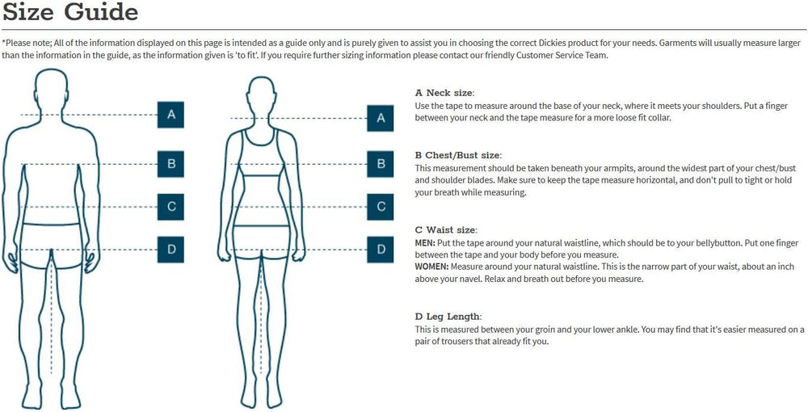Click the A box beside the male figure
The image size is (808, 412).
click(x=170, y=115)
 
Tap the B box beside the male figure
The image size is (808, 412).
click(x=170, y=164)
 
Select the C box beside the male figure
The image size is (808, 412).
click(x=170, y=207)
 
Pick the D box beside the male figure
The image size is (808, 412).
click(x=170, y=250)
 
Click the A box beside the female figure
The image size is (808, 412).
click(x=381, y=118)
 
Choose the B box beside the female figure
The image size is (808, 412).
click(x=381, y=164)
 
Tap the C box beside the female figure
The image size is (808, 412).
click(x=381, y=207)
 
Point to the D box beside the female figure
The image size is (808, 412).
click(x=381, y=250)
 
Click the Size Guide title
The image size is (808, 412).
click(x=70, y=11)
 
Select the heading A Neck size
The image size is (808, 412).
click(x=444, y=93)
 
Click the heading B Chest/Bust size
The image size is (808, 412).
click(x=458, y=155)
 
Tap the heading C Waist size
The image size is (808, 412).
click(x=446, y=229)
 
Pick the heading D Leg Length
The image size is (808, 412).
click(x=448, y=316)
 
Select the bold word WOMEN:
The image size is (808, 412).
click(x=431, y=267)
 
